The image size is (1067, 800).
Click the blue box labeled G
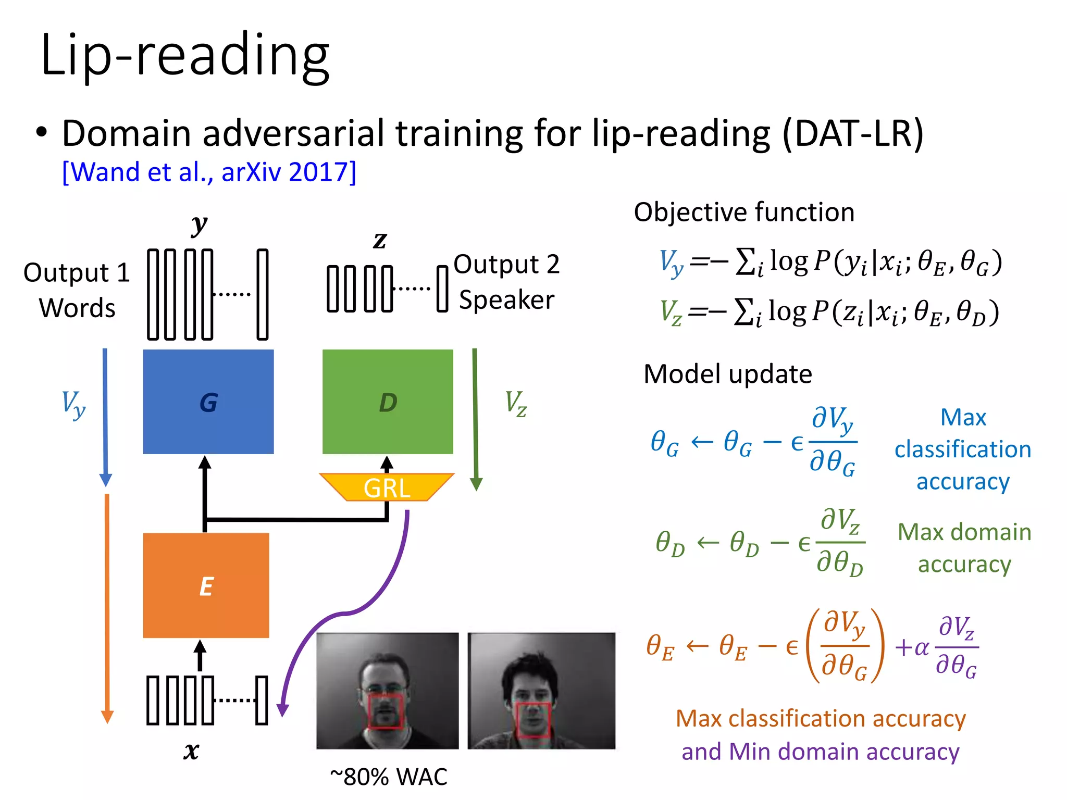pos(208,402)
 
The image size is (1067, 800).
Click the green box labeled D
pos(388,402)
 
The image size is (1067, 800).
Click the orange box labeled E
pos(206,585)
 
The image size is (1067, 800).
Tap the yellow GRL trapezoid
pos(387,487)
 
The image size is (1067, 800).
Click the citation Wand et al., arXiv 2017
pos(209,172)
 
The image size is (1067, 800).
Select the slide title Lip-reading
pos(185,55)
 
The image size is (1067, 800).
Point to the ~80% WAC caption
pos(388,777)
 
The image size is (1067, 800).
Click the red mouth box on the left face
pos(385,711)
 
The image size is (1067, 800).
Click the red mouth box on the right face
pos(533,720)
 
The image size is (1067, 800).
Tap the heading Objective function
pos(744,212)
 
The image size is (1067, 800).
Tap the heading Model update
pos(727,374)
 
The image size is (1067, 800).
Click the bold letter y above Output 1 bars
pos(199,225)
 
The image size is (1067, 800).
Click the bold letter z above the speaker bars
pos(380,240)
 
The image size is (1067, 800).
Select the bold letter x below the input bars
pos(191,751)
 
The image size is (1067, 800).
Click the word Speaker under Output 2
pos(506,300)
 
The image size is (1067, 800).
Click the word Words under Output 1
pos(77,308)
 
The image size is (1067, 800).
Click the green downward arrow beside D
pos(475,417)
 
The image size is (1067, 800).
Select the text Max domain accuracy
pos(964,548)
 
